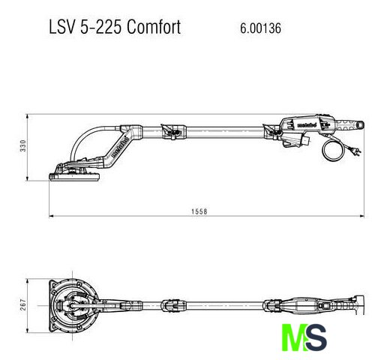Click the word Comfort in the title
(x=154, y=27)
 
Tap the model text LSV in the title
(x=62, y=27)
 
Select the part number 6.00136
(x=260, y=28)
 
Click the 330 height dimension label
(x=23, y=145)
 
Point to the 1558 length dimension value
(x=199, y=211)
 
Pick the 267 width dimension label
(x=23, y=304)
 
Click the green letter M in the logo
(x=293, y=337)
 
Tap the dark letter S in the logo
(x=316, y=337)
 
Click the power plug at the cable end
(x=356, y=151)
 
